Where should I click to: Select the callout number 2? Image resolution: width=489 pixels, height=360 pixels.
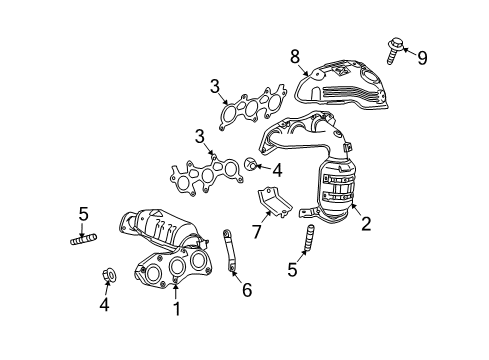[366, 225]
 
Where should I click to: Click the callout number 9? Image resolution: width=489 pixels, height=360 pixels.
[422, 58]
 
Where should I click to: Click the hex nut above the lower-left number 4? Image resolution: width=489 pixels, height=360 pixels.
[110, 274]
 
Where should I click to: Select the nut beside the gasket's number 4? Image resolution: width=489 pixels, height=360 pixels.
[252, 165]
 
